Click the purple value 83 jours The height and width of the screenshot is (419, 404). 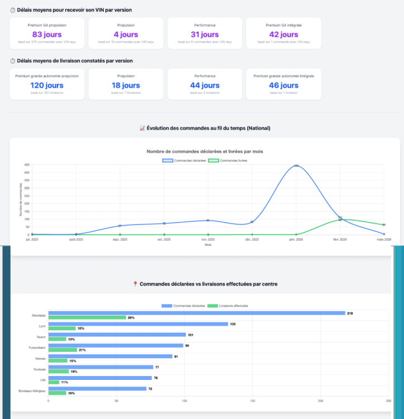point(47,35)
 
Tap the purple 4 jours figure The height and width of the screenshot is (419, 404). point(126,35)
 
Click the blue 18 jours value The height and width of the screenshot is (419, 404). point(126,85)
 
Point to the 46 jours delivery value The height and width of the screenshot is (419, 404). point(283,85)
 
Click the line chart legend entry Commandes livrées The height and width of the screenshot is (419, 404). point(227,160)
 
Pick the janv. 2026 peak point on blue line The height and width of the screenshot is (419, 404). point(296,165)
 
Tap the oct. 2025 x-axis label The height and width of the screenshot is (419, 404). point(164,240)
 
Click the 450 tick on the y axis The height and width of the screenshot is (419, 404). point(26,165)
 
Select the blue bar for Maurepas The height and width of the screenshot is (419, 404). point(196,313)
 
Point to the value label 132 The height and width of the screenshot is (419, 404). point(233,324)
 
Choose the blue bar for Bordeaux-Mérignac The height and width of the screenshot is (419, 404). point(97,389)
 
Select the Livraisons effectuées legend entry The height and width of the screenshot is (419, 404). point(227,306)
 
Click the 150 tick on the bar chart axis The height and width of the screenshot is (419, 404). point(252,401)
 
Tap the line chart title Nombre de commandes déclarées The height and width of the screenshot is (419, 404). point(205,151)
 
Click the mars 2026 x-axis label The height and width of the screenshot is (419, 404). point(383,240)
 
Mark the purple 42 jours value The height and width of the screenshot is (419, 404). point(283,35)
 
